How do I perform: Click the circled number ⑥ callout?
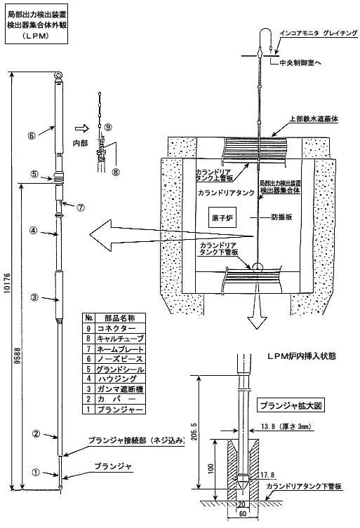tap(32, 136)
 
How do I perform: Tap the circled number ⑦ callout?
tap(80, 208)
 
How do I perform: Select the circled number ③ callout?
tap(34, 297)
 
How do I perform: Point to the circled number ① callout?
tap(35, 473)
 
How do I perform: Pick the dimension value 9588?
tap(18, 356)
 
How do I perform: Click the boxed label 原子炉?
tap(223, 218)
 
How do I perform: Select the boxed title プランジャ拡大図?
tap(291, 405)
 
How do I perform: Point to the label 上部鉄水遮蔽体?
tap(314, 119)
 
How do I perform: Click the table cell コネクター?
tap(116, 328)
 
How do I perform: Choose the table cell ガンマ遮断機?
tap(120, 389)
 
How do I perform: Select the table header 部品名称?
tap(120, 318)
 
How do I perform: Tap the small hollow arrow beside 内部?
tap(81, 128)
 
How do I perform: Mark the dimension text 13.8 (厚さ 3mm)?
tap(286, 427)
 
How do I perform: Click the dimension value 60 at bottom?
tap(242, 514)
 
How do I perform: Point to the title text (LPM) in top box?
tap(36, 36)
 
